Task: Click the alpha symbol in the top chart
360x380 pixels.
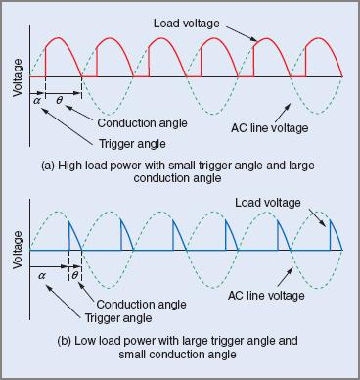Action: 37,99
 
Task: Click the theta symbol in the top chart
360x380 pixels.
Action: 61,99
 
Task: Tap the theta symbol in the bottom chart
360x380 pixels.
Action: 75,276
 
